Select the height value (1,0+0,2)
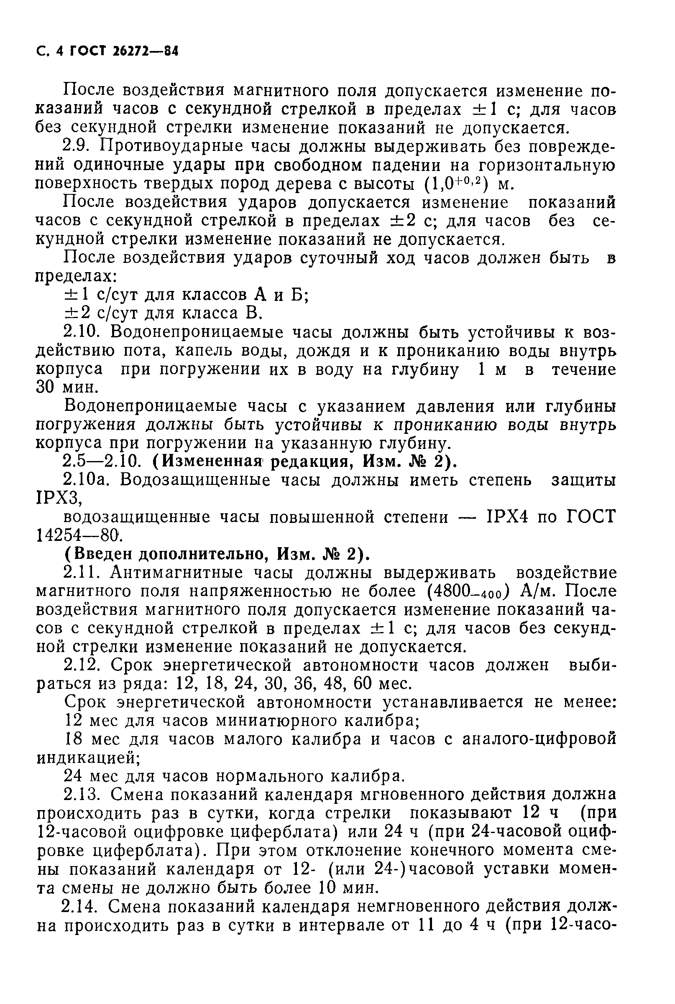click(455, 183)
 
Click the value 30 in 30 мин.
click(45, 387)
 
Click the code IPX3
click(57, 499)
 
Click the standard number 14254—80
click(78, 535)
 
